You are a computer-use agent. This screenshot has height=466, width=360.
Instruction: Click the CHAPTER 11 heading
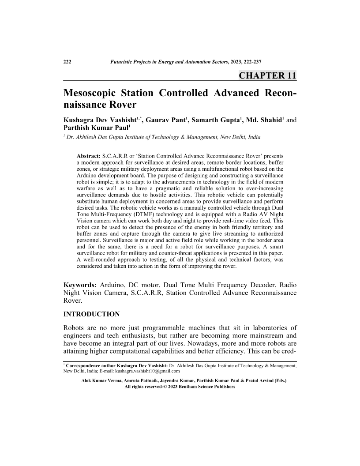[x=267, y=75]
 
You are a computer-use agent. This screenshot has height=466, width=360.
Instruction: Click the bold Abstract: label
[x=89, y=156]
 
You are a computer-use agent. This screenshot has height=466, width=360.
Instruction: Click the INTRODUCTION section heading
[x=92, y=314]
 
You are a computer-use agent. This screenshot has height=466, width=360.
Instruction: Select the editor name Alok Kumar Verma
[x=102, y=380]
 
